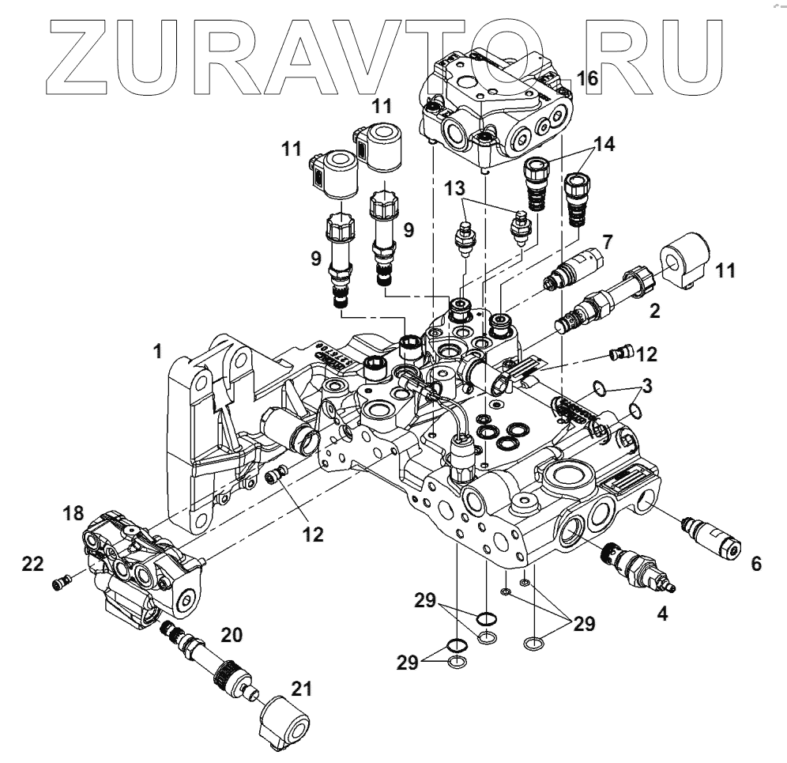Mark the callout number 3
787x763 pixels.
(x=646, y=387)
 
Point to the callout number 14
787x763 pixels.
(x=604, y=144)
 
